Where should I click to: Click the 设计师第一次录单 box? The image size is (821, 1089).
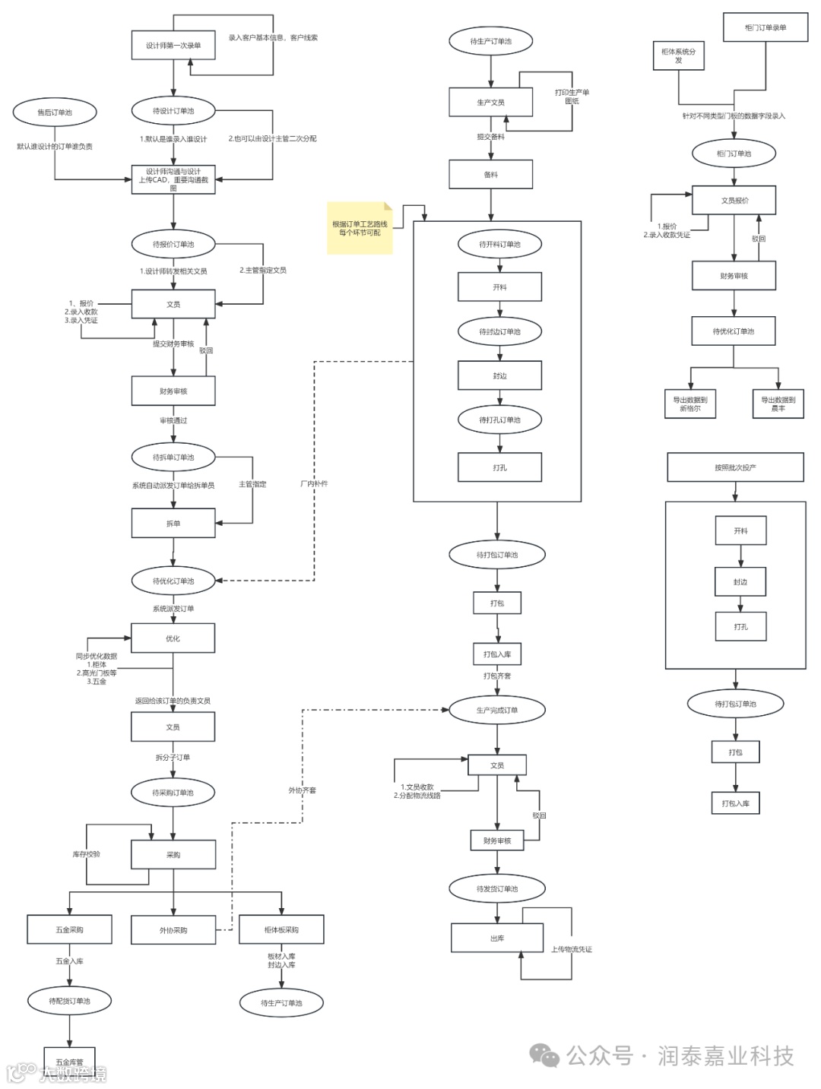[x=173, y=46]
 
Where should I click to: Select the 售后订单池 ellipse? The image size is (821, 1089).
[x=55, y=112]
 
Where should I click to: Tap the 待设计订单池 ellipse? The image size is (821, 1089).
[x=173, y=111]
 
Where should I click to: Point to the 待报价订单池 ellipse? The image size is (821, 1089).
[x=173, y=245]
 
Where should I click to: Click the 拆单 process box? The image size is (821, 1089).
[x=173, y=524]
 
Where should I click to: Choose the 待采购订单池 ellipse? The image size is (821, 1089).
[x=173, y=793]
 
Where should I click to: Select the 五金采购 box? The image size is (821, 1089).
[x=69, y=929]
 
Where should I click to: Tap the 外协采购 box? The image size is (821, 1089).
[x=173, y=930]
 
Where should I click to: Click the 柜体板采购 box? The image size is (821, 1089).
[x=281, y=929]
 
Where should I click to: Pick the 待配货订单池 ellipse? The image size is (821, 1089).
[x=69, y=1001]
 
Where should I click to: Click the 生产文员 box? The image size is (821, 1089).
[x=490, y=103]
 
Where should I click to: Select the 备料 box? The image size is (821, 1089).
[x=490, y=175]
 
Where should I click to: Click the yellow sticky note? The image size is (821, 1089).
[x=360, y=228]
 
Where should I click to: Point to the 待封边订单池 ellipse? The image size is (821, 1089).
[x=499, y=331]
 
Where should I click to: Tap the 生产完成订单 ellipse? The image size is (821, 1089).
[x=497, y=711]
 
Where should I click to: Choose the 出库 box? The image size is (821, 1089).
[x=497, y=939]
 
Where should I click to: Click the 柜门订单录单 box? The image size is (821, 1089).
[x=766, y=28]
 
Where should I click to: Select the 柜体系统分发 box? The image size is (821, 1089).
[x=678, y=56]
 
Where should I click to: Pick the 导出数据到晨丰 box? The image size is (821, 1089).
[x=778, y=404]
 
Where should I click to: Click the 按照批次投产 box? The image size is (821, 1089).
[x=735, y=467]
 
